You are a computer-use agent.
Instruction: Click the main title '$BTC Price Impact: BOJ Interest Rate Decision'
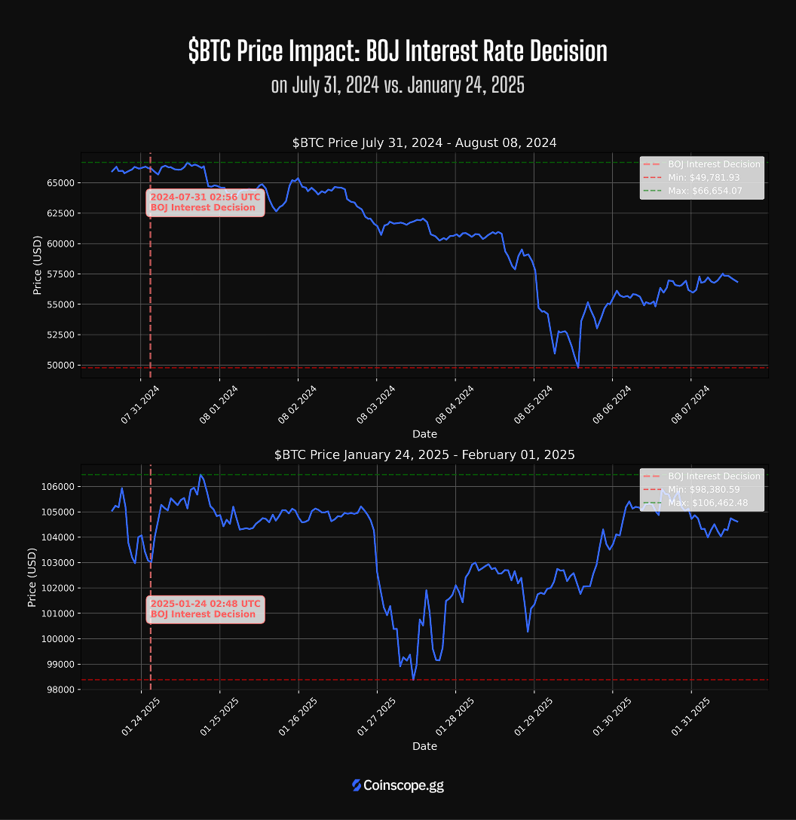click(x=397, y=51)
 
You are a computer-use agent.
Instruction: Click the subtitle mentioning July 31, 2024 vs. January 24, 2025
click(x=397, y=85)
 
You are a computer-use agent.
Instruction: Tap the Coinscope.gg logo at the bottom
click(x=397, y=785)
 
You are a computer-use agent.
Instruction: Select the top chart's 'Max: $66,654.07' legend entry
click(x=705, y=191)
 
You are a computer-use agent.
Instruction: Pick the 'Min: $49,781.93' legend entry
click(x=703, y=177)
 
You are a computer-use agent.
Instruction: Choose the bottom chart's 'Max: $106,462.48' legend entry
click(x=708, y=503)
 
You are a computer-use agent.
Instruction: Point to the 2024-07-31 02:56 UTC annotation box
click(x=205, y=202)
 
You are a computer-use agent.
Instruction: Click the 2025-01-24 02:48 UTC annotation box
click(x=205, y=609)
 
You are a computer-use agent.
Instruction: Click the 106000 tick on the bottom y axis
click(x=57, y=487)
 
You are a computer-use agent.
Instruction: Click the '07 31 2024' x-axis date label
click(x=141, y=405)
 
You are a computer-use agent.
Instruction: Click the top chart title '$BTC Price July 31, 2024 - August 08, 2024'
click(x=424, y=142)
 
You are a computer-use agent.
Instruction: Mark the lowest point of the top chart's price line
click(x=578, y=367)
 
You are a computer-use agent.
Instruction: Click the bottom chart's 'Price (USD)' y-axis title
click(x=32, y=577)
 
